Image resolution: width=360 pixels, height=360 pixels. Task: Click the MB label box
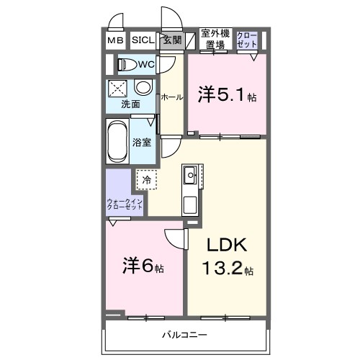[116, 41]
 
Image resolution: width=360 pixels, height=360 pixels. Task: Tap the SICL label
[142, 41]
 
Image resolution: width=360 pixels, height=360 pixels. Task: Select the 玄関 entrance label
[171, 40]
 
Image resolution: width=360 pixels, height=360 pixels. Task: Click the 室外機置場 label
[214, 39]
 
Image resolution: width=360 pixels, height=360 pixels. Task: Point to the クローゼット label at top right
[246, 39]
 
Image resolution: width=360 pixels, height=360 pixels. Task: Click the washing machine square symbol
[118, 89]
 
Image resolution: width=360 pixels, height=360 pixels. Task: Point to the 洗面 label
[130, 104]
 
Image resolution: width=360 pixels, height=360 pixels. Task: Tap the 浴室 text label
[142, 142]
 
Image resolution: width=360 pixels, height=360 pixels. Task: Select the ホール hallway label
[171, 96]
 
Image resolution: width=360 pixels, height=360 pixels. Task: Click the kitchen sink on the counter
[190, 175]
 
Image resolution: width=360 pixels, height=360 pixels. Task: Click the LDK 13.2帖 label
[228, 257]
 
